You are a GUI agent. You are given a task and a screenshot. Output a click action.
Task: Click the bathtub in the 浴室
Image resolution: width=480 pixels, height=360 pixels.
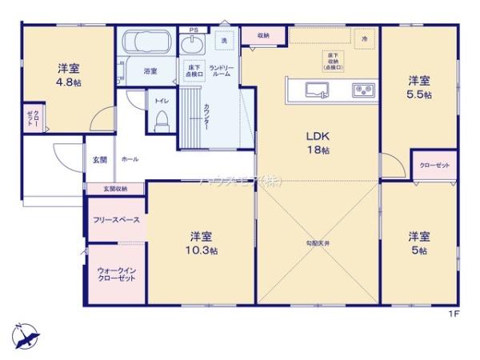pos(145,44)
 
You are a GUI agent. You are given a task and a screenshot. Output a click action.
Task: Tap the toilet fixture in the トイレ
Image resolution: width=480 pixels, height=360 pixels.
pos(161,120)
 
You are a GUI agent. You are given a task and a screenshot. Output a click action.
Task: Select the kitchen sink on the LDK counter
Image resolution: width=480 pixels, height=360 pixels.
pos(316,87)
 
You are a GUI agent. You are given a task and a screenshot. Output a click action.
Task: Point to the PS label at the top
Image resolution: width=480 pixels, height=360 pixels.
pos(194,30)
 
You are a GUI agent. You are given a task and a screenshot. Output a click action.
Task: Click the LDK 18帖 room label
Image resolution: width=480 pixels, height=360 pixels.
pos(315,142)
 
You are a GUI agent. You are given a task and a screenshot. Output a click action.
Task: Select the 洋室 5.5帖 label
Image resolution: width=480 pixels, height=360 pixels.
pos(420,87)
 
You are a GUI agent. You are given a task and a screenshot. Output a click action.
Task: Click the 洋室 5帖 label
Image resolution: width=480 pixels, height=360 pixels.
pos(420,243)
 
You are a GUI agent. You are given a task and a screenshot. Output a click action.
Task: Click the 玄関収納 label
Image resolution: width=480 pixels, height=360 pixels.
pos(114,189)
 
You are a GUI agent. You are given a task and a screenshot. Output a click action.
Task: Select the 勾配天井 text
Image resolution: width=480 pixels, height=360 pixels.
pos(318,242)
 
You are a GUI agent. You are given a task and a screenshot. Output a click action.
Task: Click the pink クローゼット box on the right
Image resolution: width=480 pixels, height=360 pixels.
pos(434,165)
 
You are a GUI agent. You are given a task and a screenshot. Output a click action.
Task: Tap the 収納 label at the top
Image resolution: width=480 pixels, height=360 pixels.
pos(263,36)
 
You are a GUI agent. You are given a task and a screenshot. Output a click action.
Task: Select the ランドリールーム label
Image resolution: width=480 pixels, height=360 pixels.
pos(221,71)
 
